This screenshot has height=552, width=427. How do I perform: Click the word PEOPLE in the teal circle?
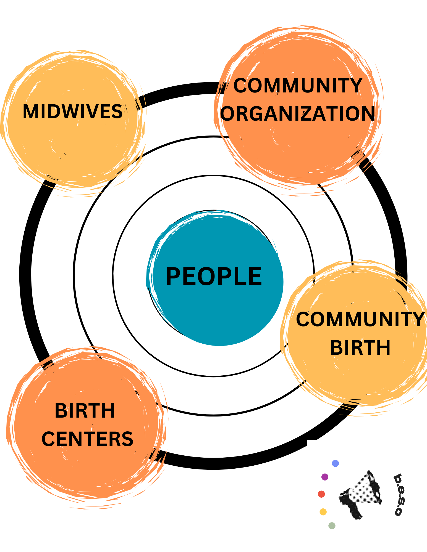coord(214,277)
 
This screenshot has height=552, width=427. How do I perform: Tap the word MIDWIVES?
coord(73,112)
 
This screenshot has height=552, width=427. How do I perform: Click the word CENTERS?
coord(87,439)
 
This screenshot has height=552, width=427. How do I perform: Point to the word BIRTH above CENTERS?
coord(85,411)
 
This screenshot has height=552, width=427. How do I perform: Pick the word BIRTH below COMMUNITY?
coord(360,347)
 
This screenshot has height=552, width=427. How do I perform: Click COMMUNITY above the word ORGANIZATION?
coord(298,86)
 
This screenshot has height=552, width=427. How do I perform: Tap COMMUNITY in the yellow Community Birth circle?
coord(360,319)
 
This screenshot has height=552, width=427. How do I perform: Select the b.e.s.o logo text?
coord(398,494)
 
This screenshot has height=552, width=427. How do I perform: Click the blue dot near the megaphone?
coord(335,463)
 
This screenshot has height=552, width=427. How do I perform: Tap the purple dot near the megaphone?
coord(325,477)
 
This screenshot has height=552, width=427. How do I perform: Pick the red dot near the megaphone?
coord(321,494)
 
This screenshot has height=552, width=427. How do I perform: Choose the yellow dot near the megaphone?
coord(323,512)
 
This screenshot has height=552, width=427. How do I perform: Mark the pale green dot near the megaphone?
coord(332,526)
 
